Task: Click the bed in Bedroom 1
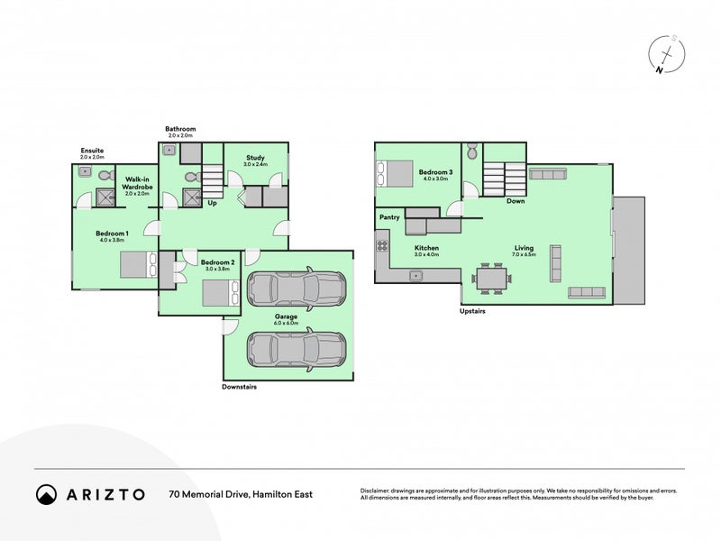[141, 264]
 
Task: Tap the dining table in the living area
[492, 279]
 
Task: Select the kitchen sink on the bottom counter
[416, 276]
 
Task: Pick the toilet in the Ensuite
[105, 175]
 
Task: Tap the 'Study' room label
[255, 157]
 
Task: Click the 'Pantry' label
[389, 217]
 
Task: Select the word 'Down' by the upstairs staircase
[516, 201]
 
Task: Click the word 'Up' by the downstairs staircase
[212, 203]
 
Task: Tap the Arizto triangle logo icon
[46, 494]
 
